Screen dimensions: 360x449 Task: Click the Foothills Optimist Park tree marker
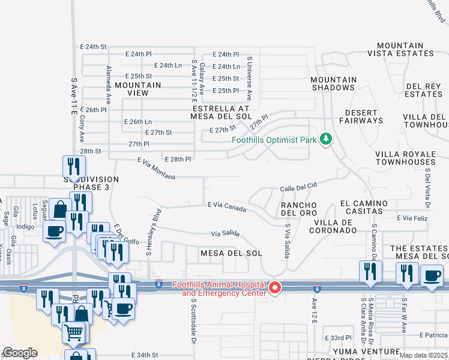(326, 139)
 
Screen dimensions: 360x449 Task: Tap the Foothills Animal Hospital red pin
(276, 288)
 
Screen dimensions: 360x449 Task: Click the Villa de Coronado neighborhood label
(334, 226)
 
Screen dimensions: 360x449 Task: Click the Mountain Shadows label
(333, 83)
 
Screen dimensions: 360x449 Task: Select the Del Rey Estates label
(424, 90)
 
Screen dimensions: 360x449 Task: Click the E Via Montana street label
(156, 169)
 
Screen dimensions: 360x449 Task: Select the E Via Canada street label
(227, 206)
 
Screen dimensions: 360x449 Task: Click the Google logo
(20, 352)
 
